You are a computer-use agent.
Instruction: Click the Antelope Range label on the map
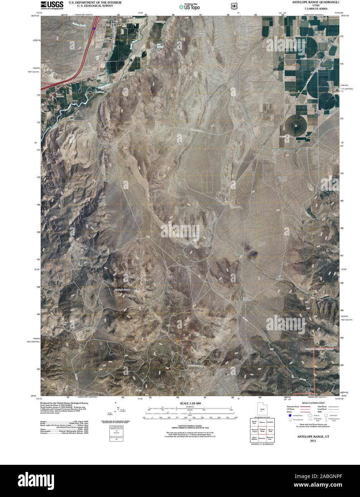[122, 289]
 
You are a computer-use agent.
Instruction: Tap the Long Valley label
[115, 148]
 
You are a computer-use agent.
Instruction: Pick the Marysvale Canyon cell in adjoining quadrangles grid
[254, 430]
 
